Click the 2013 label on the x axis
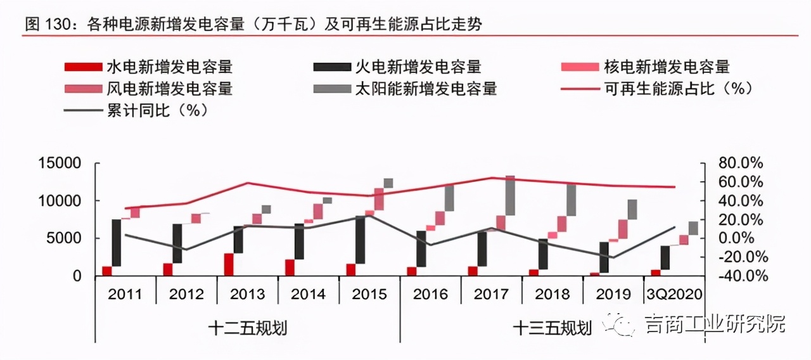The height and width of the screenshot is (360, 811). pos(248,294)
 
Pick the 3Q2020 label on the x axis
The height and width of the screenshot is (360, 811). pos(675,294)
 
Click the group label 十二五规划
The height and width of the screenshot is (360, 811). pos(248,328)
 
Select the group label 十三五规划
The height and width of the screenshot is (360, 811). pos(552,328)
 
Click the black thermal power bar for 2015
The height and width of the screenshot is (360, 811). pos(360,240)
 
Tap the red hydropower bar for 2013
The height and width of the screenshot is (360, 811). pos(228,264)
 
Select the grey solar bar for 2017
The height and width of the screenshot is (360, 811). pos(510,196)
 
